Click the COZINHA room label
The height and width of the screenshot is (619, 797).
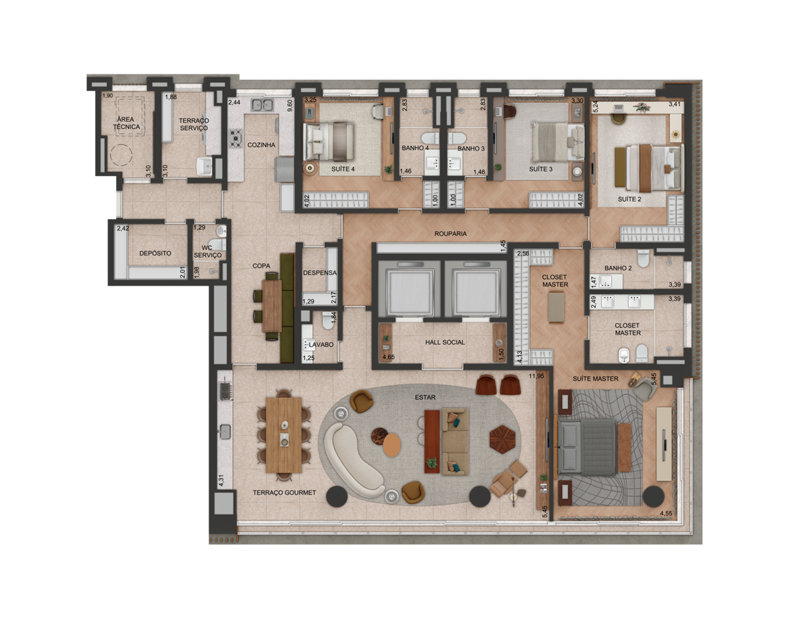pyautogui.click(x=261, y=145)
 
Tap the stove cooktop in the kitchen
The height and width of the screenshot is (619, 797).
pyautogui.click(x=236, y=138)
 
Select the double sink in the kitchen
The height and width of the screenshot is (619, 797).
pyautogui.click(x=262, y=105)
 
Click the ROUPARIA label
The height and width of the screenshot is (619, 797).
pyautogui.click(x=450, y=234)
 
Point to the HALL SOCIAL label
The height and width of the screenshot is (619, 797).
pyautogui.click(x=445, y=342)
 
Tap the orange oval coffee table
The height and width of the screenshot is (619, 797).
pyautogui.click(x=392, y=445)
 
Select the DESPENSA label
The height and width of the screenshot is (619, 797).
pyautogui.click(x=319, y=273)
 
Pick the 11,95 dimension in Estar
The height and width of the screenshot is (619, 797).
pyautogui.click(x=536, y=376)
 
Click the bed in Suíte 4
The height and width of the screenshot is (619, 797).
pyautogui.click(x=329, y=141)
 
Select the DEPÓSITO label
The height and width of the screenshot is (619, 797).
pyautogui.click(x=155, y=254)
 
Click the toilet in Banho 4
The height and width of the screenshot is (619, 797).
pyautogui.click(x=430, y=138)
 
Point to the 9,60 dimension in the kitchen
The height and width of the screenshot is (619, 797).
pyautogui.click(x=290, y=106)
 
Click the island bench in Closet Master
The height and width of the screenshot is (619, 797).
pyautogui.click(x=557, y=307)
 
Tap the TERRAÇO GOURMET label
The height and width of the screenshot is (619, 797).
pyautogui.click(x=284, y=493)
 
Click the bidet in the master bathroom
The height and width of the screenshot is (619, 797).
pyautogui.click(x=624, y=355)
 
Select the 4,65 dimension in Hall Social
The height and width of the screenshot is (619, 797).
pyautogui.click(x=389, y=357)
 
